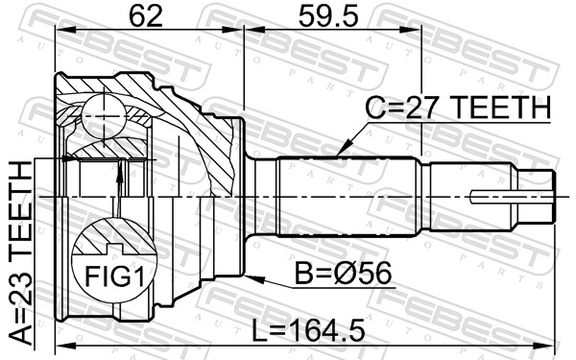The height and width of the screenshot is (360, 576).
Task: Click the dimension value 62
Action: pos(146,16)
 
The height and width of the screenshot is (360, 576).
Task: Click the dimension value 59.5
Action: pos(328,16)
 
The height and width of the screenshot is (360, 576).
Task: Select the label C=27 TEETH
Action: pos(458,108)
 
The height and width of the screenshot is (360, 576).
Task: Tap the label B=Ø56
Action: pos(344,274)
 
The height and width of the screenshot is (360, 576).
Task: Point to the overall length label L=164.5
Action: pos(308,330)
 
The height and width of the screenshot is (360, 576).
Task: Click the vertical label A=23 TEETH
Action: pos(21,253)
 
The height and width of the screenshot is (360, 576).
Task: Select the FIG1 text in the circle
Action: pos(114,276)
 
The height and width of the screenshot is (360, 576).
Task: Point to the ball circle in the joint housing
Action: pos(104,116)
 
